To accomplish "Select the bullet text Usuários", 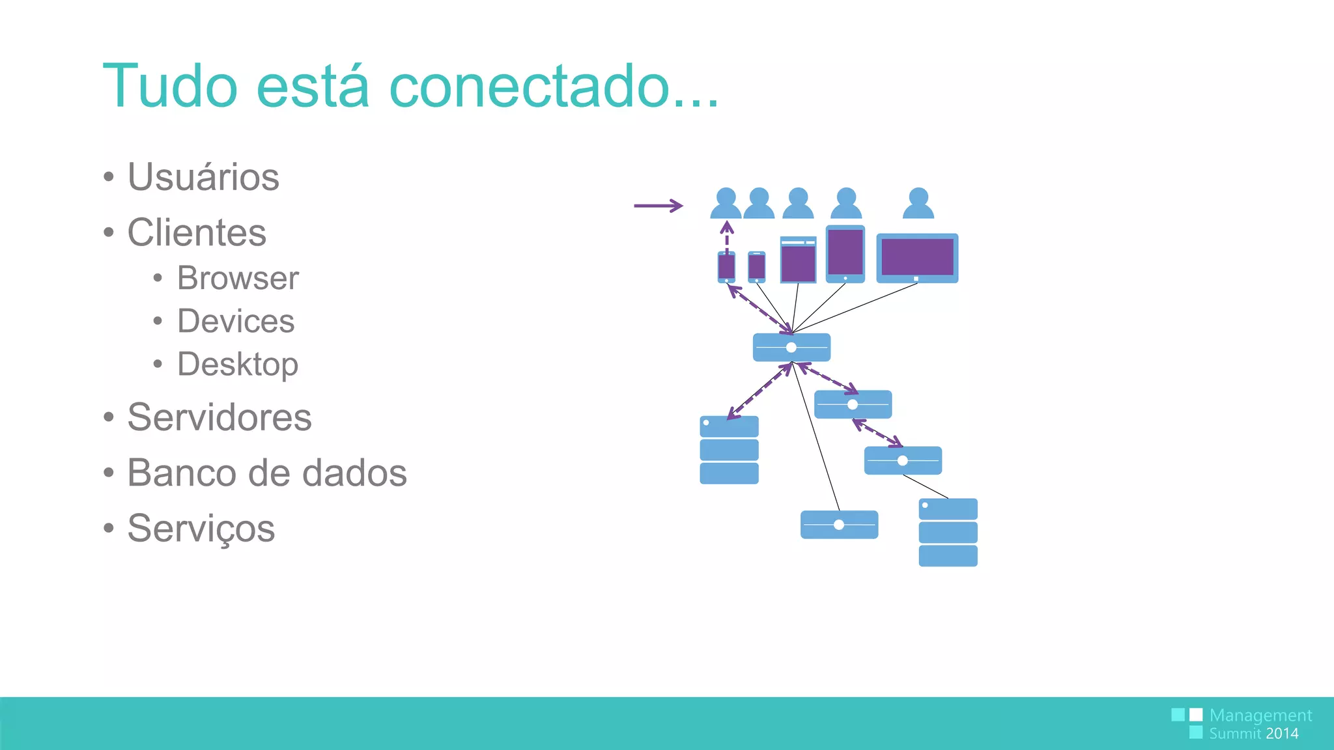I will (203, 177).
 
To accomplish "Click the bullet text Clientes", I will (197, 232).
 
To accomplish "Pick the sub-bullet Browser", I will (238, 279).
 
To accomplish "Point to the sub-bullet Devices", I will (236, 322).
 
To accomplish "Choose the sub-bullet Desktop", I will (238, 364).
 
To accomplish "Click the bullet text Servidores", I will (220, 417).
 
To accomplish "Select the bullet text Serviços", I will (201, 528).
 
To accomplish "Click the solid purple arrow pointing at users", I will (658, 206).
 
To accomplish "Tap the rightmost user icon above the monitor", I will (918, 203).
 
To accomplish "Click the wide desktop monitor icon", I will (917, 258).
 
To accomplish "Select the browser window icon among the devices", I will (798, 260).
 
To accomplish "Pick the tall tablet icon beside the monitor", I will (845, 254).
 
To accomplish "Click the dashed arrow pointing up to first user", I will (727, 236).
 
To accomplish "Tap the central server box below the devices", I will (791, 348).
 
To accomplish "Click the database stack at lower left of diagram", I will (729, 450).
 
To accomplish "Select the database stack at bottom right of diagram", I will (948, 533).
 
